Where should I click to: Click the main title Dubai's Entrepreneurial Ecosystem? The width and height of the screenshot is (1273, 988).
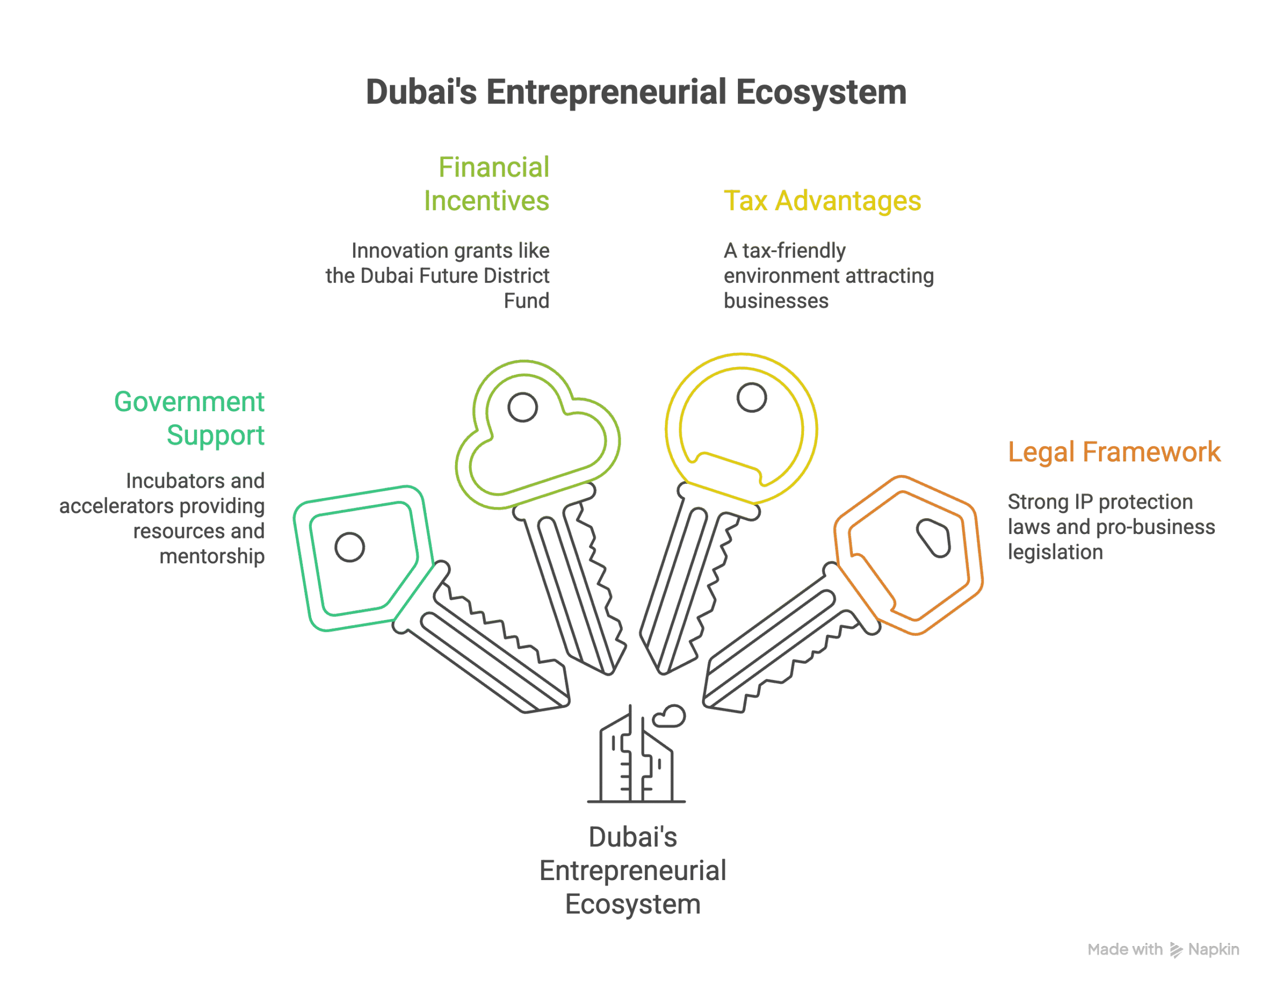[x=636, y=92]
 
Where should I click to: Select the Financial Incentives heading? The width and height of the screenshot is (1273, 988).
[x=487, y=183]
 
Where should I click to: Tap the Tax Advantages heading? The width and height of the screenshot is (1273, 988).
[x=822, y=200]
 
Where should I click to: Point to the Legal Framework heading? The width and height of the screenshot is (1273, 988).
[x=1114, y=452]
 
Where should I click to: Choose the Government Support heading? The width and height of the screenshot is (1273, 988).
[x=189, y=419]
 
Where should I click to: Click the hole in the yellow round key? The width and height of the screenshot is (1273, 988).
[x=751, y=398]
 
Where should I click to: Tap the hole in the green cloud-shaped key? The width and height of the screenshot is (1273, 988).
[x=522, y=407]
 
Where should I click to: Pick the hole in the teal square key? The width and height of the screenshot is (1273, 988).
[x=350, y=547]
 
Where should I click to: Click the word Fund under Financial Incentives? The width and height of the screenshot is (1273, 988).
[x=526, y=301]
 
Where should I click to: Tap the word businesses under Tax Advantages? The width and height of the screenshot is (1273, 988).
[x=776, y=301]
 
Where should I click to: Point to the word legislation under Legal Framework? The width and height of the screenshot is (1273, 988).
[x=1055, y=552]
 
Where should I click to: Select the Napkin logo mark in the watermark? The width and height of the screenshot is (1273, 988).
[x=1176, y=951]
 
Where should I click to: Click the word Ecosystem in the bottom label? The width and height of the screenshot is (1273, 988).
[x=633, y=904]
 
